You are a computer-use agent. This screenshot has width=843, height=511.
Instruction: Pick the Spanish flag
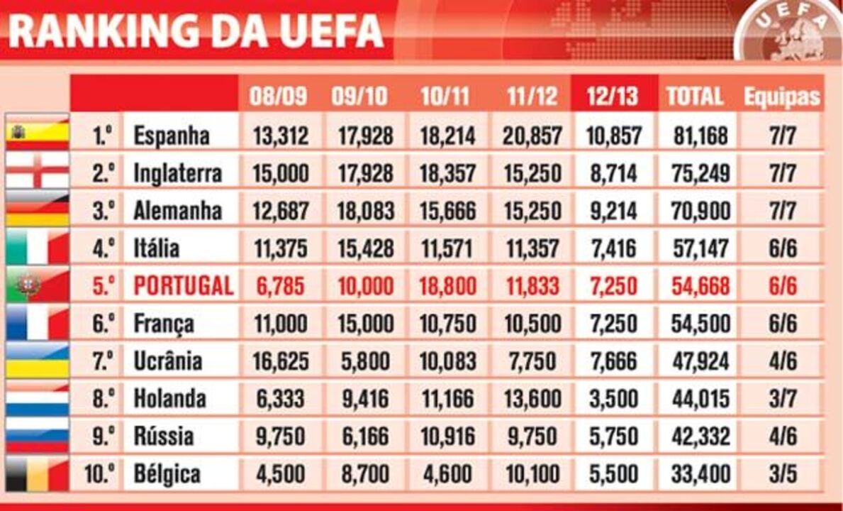[x=37, y=133]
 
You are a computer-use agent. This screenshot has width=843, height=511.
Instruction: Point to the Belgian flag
[x=37, y=473]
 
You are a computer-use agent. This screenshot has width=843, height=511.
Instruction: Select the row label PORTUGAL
[x=183, y=286]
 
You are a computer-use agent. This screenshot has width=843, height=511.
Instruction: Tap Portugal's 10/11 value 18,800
[x=447, y=286]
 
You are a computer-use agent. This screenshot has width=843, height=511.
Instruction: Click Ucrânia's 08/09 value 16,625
[x=281, y=361]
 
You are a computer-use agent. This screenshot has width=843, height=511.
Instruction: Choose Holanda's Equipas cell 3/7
[x=782, y=398]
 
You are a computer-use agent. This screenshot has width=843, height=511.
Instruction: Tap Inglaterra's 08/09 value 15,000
[x=281, y=173]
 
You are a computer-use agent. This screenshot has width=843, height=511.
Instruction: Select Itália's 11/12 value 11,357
[x=532, y=248]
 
